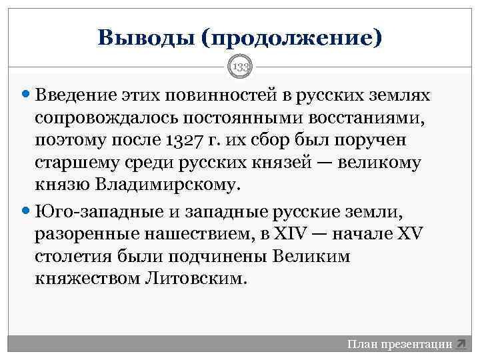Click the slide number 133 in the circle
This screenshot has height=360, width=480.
(x=239, y=67)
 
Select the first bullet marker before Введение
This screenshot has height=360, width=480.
(x=27, y=95)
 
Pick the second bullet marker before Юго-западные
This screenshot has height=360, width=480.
(x=27, y=211)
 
